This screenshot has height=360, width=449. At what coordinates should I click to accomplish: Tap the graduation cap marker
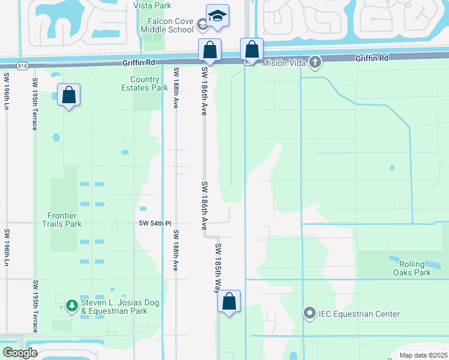[x=217, y=16]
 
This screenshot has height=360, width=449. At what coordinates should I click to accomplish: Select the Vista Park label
[x=152, y=5]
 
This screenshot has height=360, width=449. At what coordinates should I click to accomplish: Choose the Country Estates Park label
[x=149, y=83]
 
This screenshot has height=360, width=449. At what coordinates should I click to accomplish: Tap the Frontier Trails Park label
[x=65, y=219]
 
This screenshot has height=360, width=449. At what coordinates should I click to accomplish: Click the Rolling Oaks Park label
[x=414, y=268]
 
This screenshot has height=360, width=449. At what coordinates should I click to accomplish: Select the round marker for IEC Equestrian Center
[x=310, y=313]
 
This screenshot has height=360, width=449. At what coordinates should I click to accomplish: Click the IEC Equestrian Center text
[x=359, y=314]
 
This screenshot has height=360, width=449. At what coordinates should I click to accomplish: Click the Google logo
[x=19, y=353]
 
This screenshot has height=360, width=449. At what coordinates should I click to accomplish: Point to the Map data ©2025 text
[x=422, y=355]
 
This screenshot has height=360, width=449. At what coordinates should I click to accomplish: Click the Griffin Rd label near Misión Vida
[x=372, y=58]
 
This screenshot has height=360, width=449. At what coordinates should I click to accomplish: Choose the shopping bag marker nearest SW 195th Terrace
[x=69, y=95]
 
